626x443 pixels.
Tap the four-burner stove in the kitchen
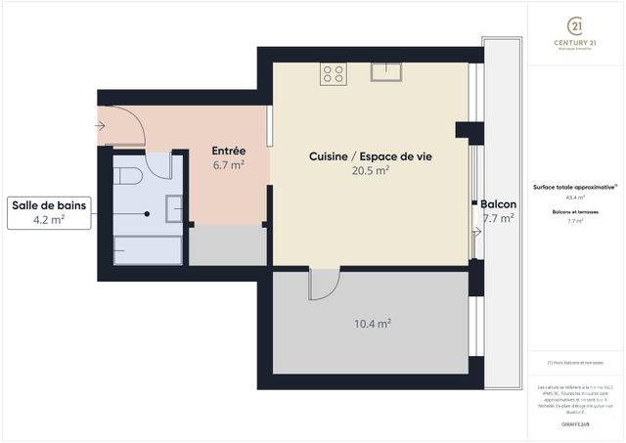pos(333,74)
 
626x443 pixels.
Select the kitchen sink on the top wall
pos(388,70)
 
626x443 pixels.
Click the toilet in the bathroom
pos(129,174)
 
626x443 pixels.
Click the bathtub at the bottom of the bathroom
pos(147,250)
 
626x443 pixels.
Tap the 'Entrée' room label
pos(228,151)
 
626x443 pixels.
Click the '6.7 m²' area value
pos(228,165)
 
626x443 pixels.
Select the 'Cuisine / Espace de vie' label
pos(370,156)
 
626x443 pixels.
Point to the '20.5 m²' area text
pos(370,170)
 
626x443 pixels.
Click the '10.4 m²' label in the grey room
pos(372,323)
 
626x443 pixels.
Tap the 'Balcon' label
pos(498,204)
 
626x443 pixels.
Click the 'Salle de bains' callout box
pos(49,212)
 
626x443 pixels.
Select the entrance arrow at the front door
pos(102,125)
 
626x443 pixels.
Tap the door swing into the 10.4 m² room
pos(324,285)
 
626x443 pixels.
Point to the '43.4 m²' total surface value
pos(575,197)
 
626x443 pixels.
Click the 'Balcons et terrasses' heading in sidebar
pos(575,211)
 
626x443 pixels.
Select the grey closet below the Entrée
pos(228,245)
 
